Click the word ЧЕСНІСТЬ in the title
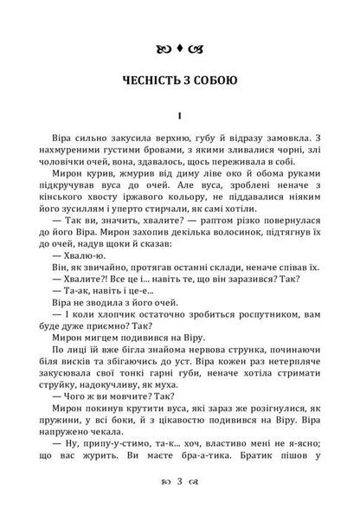pyautogui.click(x=149, y=84)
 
